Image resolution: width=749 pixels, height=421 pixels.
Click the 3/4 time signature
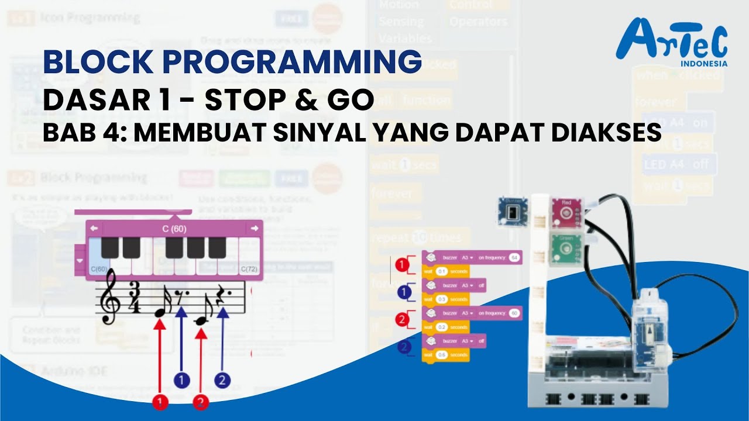136,298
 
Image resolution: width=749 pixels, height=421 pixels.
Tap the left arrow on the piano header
94,228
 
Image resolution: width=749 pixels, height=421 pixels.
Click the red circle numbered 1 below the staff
159,402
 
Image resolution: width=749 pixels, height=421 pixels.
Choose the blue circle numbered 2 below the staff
222,381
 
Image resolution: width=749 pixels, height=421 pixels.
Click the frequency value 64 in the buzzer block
514,257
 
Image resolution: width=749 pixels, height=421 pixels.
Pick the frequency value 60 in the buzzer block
514,313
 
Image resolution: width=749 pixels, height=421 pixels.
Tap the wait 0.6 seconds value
442,355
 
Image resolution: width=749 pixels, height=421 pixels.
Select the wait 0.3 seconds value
442,299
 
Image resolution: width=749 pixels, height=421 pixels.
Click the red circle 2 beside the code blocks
401,319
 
